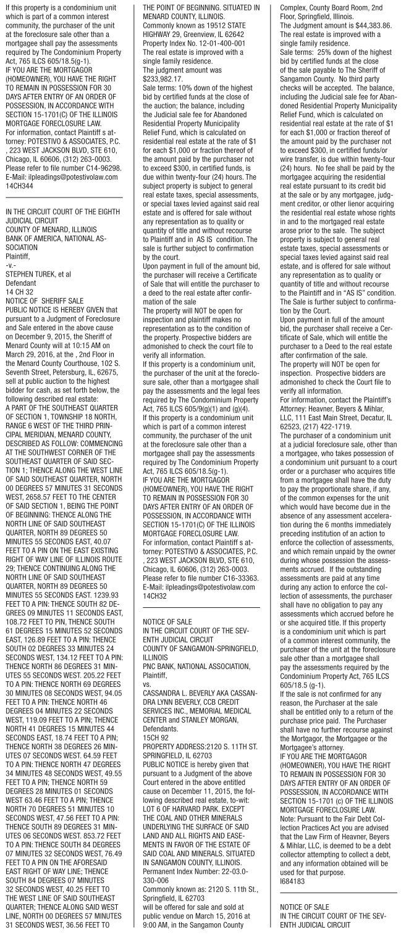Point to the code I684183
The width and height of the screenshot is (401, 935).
[x=288, y=871]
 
